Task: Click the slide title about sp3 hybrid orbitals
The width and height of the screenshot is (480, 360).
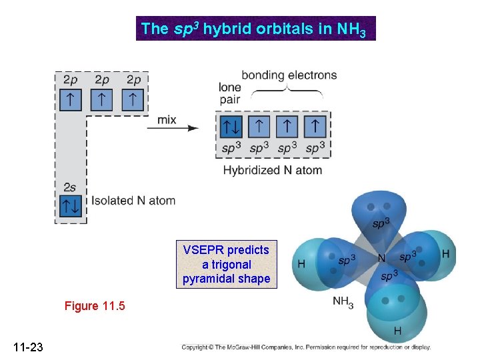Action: (255, 29)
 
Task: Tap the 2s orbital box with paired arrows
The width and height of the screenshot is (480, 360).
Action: (71, 207)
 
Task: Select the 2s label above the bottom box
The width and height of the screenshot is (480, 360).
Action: (70, 187)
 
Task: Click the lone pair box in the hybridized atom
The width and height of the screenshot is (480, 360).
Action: (231, 125)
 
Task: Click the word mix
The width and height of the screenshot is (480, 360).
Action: (167, 120)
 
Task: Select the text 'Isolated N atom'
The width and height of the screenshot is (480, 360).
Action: (134, 200)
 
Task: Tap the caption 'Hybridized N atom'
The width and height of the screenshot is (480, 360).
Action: (272, 170)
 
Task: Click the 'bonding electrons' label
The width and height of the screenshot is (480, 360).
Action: (289, 75)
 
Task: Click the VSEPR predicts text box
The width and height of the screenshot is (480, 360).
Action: (227, 264)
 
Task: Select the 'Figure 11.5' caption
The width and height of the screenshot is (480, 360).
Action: (95, 306)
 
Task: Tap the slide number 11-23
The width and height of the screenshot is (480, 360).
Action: (27, 347)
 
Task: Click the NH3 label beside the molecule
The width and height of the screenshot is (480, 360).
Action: (343, 303)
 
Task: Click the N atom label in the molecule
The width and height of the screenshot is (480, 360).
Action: (383, 258)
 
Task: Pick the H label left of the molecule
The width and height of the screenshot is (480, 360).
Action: (301, 264)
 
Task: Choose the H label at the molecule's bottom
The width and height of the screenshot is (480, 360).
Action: (397, 331)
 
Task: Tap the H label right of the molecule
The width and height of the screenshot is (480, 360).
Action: (445, 255)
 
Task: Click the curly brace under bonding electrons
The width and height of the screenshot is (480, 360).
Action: (287, 89)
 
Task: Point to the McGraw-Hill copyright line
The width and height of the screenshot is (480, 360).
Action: (306, 347)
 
